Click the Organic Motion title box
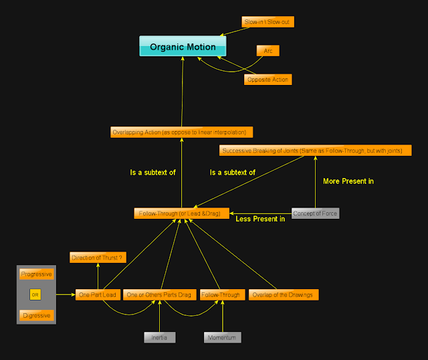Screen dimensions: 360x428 point(183,46)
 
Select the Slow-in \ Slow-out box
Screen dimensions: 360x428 point(267,22)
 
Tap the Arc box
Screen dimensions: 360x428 point(267,51)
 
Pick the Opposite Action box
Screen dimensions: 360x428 point(268,80)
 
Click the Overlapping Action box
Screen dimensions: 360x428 point(182,132)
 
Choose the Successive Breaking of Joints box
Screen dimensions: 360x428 point(312,151)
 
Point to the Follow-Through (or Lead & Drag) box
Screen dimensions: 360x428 point(182,213)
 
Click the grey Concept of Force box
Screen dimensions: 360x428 point(316,213)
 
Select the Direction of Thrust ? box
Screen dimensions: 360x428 point(98,257)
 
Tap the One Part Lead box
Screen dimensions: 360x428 point(98,294)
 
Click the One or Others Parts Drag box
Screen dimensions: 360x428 point(158,294)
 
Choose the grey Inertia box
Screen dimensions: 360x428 point(160,338)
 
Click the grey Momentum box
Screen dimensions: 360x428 point(222,338)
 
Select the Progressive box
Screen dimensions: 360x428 point(36,274)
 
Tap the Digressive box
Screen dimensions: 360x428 point(36,315)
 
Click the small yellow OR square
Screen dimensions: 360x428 point(35,294)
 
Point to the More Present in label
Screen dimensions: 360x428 point(348,181)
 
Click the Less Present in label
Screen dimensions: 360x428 point(260,219)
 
